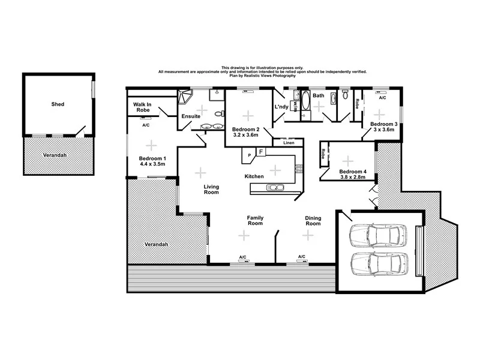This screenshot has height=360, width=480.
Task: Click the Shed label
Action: [x=58, y=104]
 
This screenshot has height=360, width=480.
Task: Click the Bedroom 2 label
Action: [x=245, y=130]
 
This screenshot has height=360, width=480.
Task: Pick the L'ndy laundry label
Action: [x=281, y=107]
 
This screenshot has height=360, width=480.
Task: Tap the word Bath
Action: [x=319, y=96]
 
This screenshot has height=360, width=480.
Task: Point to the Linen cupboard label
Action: [x=289, y=143]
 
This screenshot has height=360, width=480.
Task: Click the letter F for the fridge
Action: [x=260, y=152]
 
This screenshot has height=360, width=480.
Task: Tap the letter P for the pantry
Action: [x=248, y=156]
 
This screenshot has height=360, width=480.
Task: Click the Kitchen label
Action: [x=254, y=176]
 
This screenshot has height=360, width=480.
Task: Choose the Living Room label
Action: [x=211, y=190]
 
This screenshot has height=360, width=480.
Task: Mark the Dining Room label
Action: [x=313, y=221]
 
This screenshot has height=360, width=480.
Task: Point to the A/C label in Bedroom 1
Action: [x=146, y=125]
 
